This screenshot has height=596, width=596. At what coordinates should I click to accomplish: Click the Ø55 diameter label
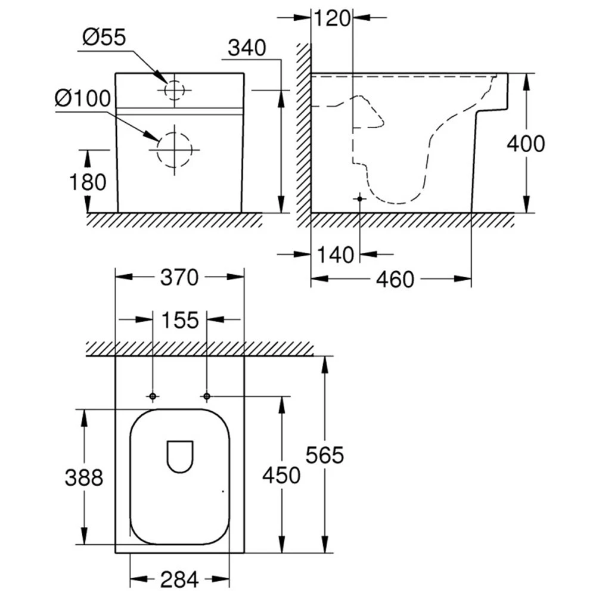(104, 38)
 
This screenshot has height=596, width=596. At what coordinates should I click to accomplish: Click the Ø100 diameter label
(82, 98)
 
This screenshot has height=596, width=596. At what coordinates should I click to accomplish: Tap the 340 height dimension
(247, 48)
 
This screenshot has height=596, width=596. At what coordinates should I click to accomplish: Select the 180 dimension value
(88, 182)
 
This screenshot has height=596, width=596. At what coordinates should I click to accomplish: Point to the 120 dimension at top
(332, 18)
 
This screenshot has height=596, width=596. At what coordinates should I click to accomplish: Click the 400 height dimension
(526, 144)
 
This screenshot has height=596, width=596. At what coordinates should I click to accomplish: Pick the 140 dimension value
(335, 254)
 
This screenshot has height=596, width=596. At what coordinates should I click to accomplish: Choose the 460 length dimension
(395, 280)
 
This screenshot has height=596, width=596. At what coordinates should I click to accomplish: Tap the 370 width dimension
(179, 277)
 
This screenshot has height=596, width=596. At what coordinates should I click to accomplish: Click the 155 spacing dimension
(180, 320)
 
